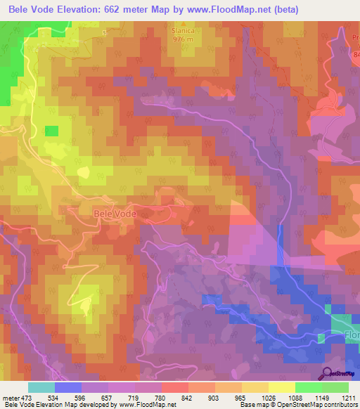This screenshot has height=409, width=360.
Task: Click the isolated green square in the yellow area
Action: point(51,131)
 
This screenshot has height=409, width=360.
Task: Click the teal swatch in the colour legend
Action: point(41,387)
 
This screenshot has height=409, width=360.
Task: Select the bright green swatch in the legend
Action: point(309,387)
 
